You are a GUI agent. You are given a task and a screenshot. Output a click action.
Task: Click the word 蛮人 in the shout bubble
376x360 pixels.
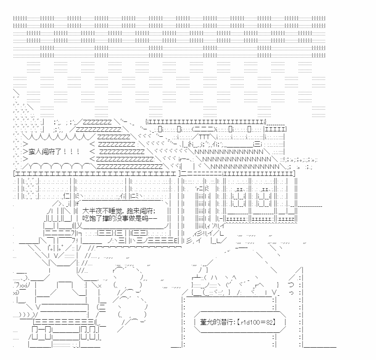pyautogui.click(x=35, y=152)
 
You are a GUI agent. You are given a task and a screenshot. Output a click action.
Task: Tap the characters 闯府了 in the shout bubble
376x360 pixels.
pyautogui.click(x=51, y=152)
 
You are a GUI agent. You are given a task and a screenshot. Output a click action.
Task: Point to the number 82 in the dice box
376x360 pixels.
pyautogui.click(x=269, y=322)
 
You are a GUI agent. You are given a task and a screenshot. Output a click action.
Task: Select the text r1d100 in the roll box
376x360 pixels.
pyautogui.click(x=249, y=322)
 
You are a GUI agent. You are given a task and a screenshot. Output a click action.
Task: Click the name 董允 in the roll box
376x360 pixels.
pyautogui.click(x=207, y=322)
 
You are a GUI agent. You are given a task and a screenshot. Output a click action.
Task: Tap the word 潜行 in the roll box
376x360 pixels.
pyautogui.click(x=226, y=322)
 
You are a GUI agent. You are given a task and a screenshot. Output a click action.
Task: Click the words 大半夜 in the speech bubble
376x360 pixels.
pyautogui.click(x=92, y=211)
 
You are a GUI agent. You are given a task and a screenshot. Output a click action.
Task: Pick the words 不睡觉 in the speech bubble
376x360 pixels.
pyautogui.click(x=111, y=211)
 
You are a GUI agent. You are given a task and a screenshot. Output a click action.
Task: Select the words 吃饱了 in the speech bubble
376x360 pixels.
pyautogui.click(x=92, y=218)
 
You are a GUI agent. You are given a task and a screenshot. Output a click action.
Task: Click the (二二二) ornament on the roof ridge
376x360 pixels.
pyautogui.click(x=204, y=129)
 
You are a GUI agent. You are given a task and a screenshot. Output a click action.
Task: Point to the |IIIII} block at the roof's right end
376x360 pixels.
pyautogui.click(x=275, y=129)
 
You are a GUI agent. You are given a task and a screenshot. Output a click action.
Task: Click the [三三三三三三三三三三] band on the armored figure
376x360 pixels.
pyautogui.click(x=64, y=322)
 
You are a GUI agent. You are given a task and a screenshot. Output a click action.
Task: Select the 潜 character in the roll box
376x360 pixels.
pyautogui.click(x=223, y=322)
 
